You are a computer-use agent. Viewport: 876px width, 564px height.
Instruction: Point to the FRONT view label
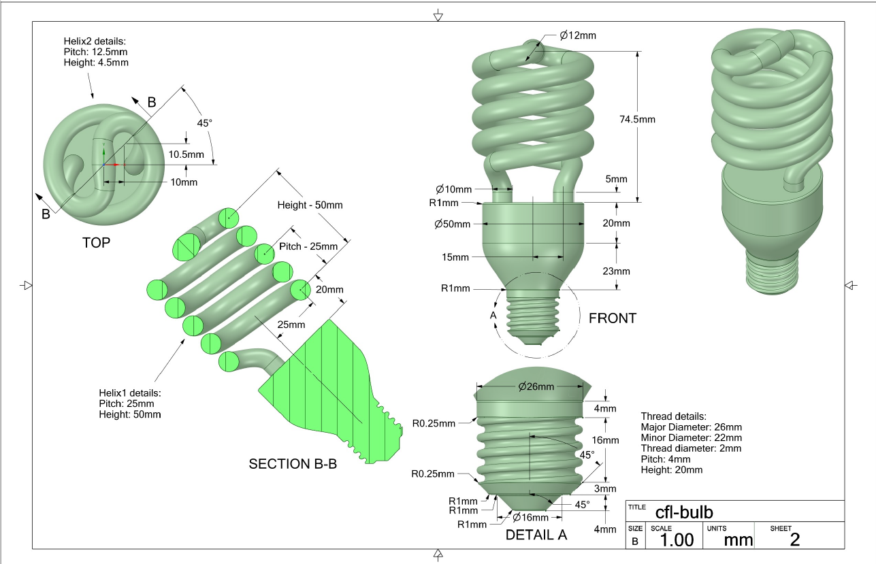click(613, 318)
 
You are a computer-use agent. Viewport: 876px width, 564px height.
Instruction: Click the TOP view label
click(96, 242)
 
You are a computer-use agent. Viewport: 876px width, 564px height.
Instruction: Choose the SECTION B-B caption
click(293, 464)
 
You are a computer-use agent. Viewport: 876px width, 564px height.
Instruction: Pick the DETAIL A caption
click(536, 535)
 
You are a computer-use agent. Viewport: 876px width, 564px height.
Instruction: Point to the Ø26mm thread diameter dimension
click(536, 386)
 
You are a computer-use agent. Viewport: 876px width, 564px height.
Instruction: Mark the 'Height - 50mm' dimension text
click(310, 205)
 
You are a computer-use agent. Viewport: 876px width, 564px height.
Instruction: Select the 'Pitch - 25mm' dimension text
click(308, 246)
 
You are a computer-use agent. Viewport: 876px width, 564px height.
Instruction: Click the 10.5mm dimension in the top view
click(186, 154)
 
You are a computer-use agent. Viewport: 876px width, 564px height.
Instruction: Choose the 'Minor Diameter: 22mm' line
click(692, 437)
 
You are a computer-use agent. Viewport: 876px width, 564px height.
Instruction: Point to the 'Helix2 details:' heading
click(93, 41)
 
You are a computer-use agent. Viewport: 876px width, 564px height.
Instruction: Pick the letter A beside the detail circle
click(493, 316)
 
